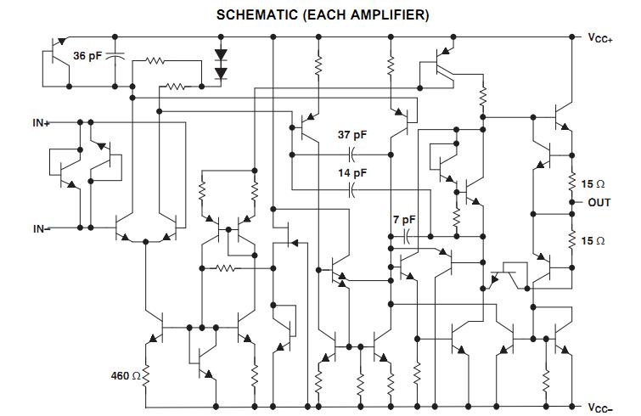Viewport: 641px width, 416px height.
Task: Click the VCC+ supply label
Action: pos(600,38)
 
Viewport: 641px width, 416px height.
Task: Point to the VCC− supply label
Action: pos(600,408)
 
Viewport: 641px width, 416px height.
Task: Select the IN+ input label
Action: pos(42,122)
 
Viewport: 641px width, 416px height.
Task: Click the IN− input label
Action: pos(42,229)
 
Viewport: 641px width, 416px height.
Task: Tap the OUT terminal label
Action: pos(599,202)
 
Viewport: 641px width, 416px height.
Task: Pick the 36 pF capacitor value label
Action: pos(87,55)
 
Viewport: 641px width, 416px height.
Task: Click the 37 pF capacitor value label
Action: pos(352,135)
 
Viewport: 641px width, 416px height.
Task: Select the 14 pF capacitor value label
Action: pos(352,173)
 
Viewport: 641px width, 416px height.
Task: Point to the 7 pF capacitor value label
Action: pos(404,220)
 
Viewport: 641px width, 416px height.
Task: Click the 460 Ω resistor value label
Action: pos(126,375)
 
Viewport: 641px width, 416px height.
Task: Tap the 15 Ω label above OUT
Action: pos(593,184)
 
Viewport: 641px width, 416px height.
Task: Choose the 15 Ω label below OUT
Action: pos(593,241)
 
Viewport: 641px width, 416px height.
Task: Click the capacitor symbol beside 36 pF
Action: pos(115,56)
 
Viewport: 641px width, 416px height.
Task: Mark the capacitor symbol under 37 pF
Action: pos(352,155)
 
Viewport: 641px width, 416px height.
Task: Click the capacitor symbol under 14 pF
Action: pos(352,190)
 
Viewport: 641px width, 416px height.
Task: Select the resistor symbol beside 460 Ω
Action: pos(146,376)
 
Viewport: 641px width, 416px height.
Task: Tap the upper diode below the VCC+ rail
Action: pos(221,54)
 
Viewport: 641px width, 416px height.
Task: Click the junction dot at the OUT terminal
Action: pos(571,202)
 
